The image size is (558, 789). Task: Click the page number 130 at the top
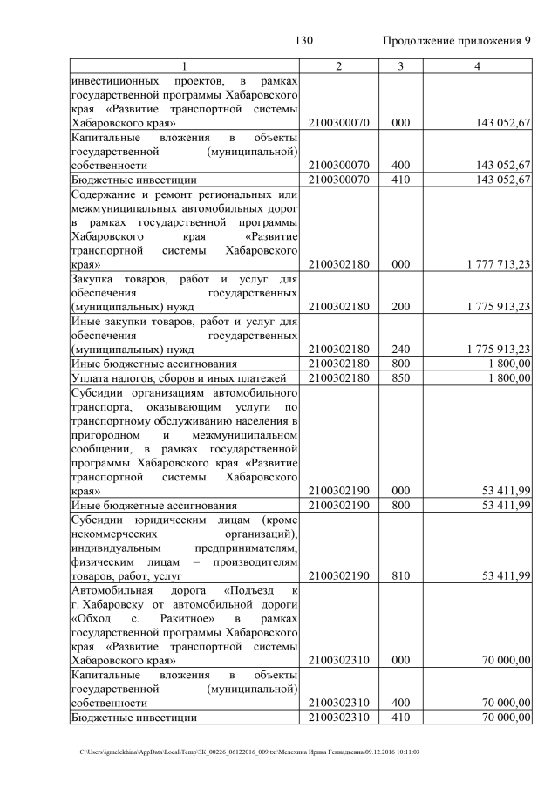pyautogui.click(x=303, y=41)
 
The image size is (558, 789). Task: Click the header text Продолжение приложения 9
pyautogui.click(x=457, y=41)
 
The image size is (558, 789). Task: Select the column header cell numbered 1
pyautogui.click(x=184, y=67)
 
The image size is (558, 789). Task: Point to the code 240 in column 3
pyautogui.click(x=400, y=349)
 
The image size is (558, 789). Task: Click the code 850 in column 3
pyautogui.click(x=400, y=377)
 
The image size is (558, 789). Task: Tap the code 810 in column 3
pyautogui.click(x=400, y=575)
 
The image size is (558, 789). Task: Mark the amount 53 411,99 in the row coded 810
pyautogui.click(x=506, y=575)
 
